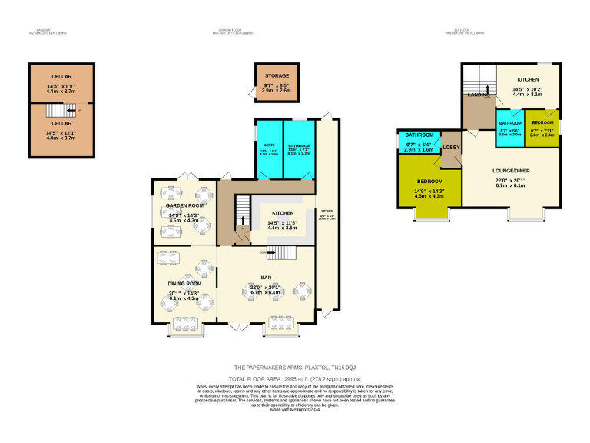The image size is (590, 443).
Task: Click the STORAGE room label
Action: pos(277,75)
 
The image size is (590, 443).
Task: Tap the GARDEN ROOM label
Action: pos(184,206)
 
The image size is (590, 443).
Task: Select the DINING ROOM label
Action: pos(184,284)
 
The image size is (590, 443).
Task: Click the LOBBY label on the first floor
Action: pos(450,147)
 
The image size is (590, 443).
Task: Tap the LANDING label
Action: pos(479,95)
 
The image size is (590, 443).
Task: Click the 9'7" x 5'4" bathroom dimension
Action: pos(419,144)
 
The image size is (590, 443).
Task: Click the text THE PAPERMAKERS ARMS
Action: pos(267,368)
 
